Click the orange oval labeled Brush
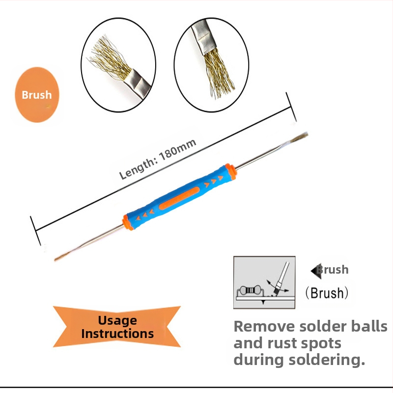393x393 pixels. (37, 95)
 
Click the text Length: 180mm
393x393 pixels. (158, 159)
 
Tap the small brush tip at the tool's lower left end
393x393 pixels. (62, 256)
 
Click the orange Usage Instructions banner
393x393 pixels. (117, 327)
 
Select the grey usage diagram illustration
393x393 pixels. (264, 282)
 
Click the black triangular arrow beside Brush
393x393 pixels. (315, 270)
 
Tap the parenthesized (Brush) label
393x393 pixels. (327, 293)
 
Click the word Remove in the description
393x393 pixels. (264, 327)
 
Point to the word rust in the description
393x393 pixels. (284, 343)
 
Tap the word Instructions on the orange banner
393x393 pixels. (117, 334)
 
